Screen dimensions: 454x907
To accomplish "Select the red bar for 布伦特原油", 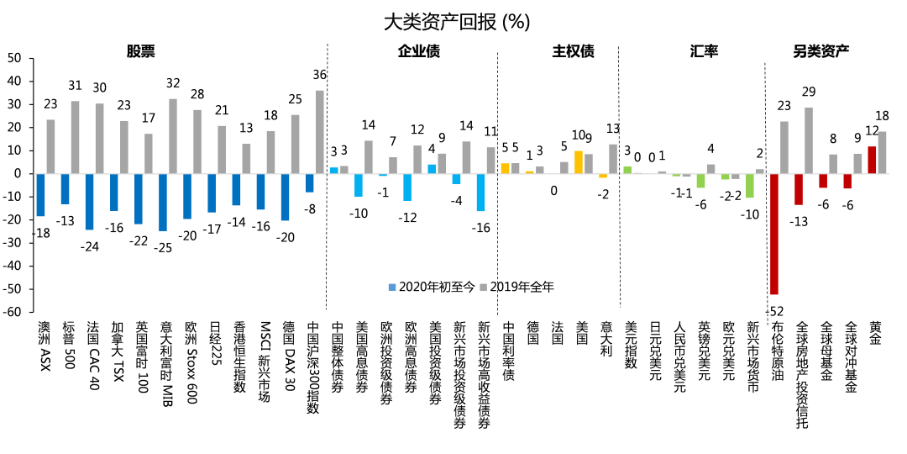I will coord(774,233).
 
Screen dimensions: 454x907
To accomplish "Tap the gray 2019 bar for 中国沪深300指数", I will coord(319,132).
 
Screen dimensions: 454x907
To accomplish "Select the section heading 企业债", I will coord(418,51).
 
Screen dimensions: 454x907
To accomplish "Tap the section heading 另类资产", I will coord(820,51).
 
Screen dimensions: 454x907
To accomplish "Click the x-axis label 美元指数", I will coord(631,345).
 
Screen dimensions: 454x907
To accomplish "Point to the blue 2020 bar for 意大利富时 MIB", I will coord(163,202).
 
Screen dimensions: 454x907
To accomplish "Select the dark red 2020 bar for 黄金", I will coord(872,160).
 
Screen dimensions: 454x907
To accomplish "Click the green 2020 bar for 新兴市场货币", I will coord(749,185).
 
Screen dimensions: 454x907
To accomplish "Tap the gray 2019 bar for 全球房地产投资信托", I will coord(809,140).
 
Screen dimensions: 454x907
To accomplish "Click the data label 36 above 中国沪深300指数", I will coord(319,76).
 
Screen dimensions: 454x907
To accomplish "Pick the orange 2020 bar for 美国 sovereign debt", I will coord(578,162).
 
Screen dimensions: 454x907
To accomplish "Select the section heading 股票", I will coord(141,51).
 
